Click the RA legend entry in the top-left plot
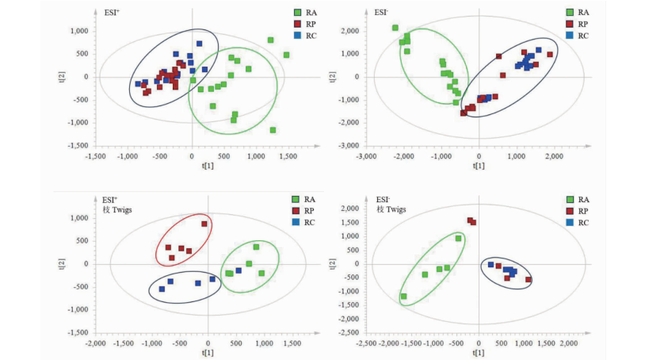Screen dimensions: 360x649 tap(304, 13)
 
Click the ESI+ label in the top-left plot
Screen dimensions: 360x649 tap(113, 13)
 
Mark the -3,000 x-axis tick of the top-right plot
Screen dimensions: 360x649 tap(366, 156)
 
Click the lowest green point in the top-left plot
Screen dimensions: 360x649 tap(273, 130)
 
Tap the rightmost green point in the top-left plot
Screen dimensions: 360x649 tap(286, 55)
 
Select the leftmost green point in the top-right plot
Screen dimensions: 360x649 tap(395, 29)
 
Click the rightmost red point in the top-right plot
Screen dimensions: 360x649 tap(550, 55)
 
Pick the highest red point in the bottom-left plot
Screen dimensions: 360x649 tap(204, 224)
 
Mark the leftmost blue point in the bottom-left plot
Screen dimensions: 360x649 tap(162, 289)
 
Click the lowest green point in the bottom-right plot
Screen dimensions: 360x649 tap(403, 297)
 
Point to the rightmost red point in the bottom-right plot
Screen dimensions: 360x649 tap(529, 279)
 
